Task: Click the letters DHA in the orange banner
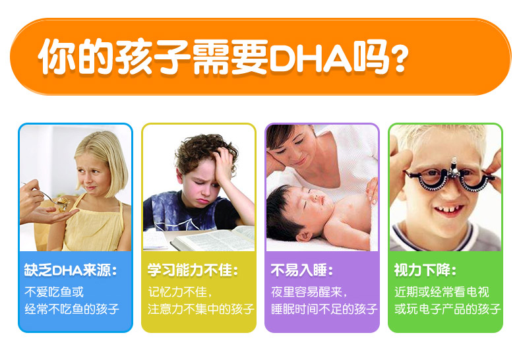(311, 57)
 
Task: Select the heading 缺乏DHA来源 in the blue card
(71, 270)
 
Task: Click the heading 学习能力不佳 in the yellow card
(193, 270)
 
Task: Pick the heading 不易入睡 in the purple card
(302, 270)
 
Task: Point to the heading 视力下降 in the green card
(425, 270)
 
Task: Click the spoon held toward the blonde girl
(47, 195)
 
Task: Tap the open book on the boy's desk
(212, 239)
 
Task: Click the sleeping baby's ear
(305, 236)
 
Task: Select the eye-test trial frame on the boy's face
(451, 177)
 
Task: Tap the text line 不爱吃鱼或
(54, 292)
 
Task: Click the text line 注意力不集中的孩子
(201, 309)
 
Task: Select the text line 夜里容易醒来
(309, 292)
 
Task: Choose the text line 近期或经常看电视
(442, 292)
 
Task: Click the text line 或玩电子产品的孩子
(448, 309)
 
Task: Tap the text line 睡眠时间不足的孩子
(324, 309)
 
